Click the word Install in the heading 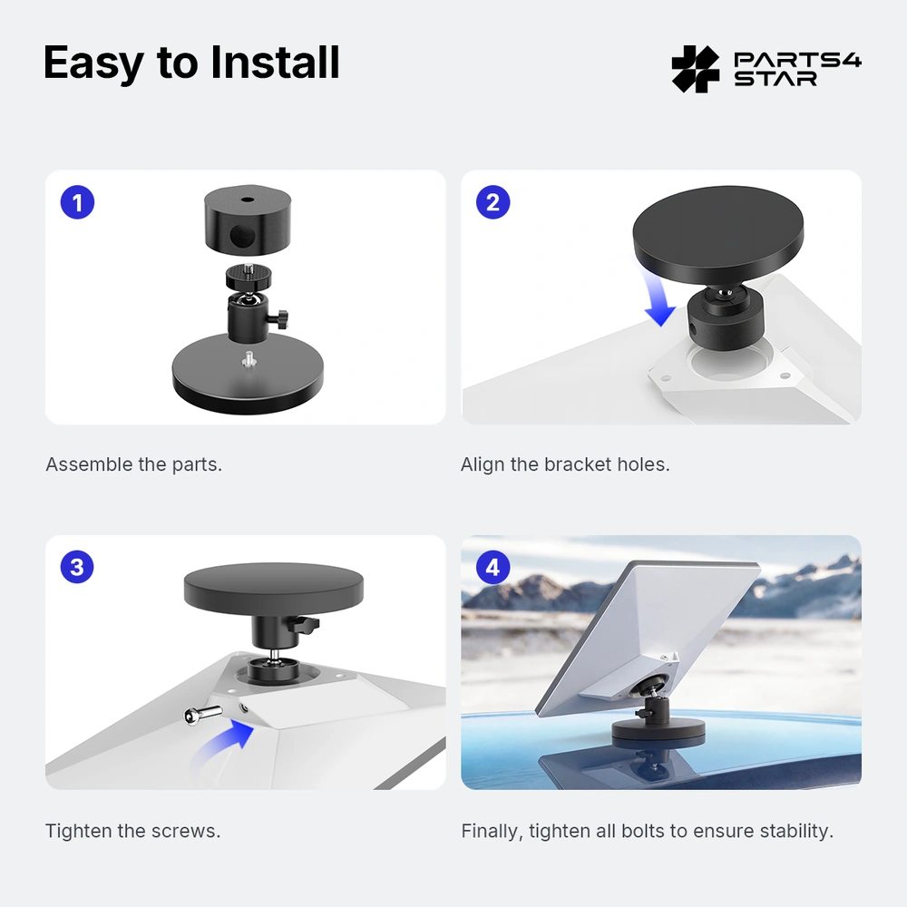point(275,62)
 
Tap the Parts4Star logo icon point(696,69)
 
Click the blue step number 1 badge point(77,202)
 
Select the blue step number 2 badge point(493,202)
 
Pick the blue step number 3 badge point(77,567)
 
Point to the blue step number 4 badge point(493,567)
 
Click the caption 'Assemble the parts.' point(133,464)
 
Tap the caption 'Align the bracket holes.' point(565,464)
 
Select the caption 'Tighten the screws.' point(133,831)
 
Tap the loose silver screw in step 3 point(203,715)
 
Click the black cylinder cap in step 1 point(248,219)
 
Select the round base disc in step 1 point(248,373)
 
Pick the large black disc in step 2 point(717,234)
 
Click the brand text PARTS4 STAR point(797,69)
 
